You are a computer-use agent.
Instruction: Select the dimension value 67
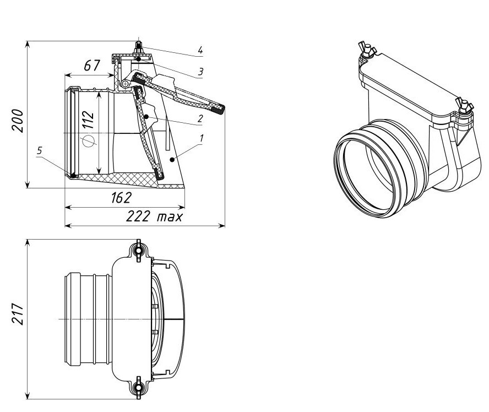coord(92,66)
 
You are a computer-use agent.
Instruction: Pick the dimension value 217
coord(18,314)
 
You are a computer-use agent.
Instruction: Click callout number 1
coord(202,139)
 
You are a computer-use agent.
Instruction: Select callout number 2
coord(200,118)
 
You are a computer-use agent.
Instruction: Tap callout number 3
coord(201,72)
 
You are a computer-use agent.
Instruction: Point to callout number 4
coord(201,51)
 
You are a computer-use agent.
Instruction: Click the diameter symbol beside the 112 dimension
coord(88,141)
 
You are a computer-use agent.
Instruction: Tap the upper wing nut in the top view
coord(138,251)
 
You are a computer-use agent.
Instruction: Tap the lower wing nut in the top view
coord(138,388)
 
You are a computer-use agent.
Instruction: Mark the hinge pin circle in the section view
coord(126,84)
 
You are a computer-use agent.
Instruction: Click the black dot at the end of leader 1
coord(172,159)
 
